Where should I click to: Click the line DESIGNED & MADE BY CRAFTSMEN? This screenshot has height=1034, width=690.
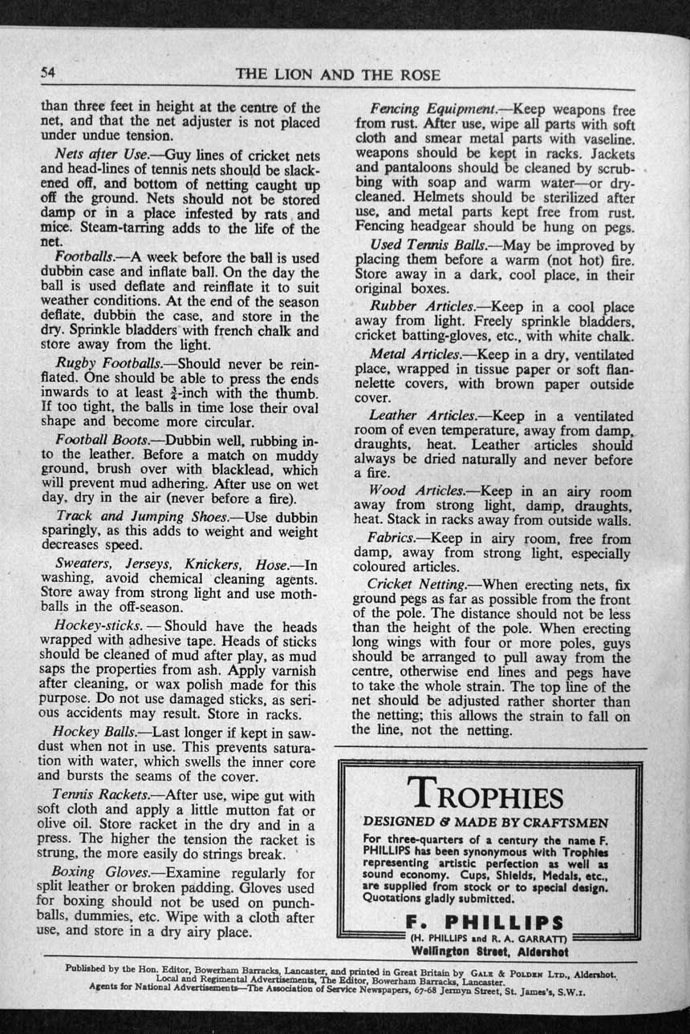pyautogui.click(x=486, y=822)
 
